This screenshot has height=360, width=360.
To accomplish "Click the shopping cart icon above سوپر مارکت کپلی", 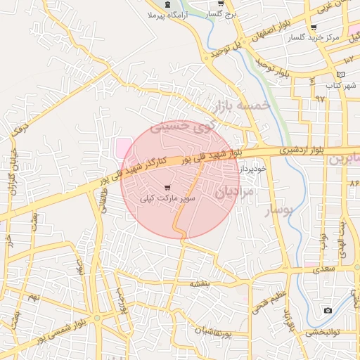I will [167, 188].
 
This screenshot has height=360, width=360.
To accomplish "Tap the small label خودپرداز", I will [254, 169].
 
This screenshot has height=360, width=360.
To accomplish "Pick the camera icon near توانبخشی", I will [328, 310].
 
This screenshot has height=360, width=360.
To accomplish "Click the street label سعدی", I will [324, 269].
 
